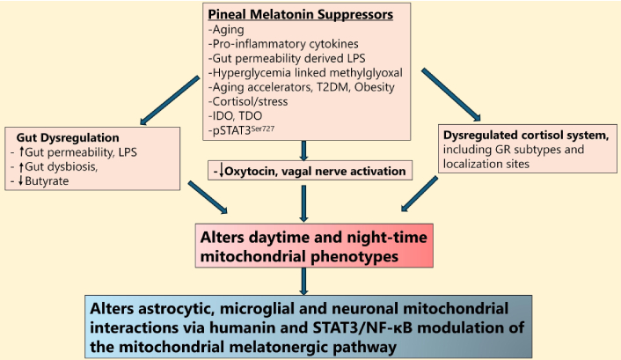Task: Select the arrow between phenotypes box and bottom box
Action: [303, 281]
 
